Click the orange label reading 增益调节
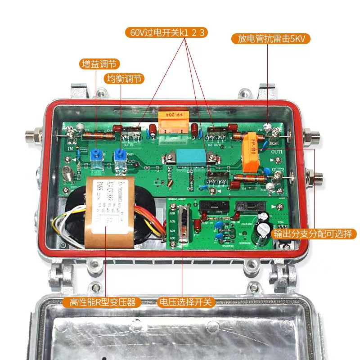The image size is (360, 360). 101,64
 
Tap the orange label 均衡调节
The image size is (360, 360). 124,79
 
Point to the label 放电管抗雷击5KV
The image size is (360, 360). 271,39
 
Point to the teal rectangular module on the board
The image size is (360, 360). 189,157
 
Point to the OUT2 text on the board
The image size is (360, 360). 277,170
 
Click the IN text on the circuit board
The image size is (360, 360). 70,147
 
